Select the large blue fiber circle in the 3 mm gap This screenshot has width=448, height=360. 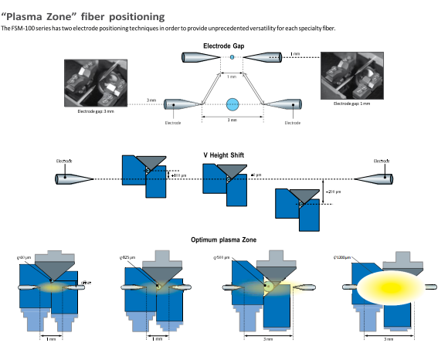(232, 104)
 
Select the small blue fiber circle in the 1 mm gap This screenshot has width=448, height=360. (232, 58)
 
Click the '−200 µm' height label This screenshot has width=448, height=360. (334, 192)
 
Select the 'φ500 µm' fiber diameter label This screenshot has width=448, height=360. (220, 256)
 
